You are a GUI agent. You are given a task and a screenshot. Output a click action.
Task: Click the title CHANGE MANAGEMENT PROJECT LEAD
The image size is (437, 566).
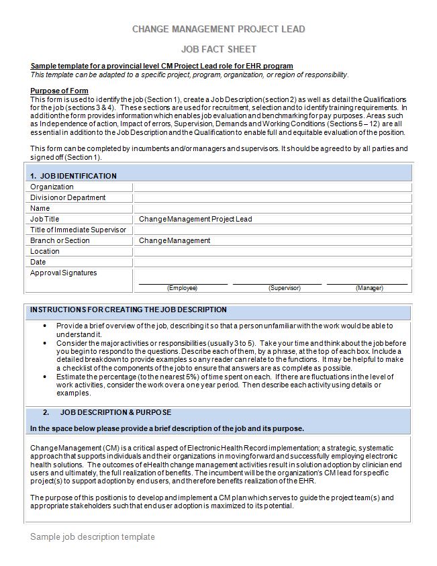point(218,29)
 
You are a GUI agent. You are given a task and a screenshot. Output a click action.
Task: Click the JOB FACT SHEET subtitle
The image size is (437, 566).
point(218,49)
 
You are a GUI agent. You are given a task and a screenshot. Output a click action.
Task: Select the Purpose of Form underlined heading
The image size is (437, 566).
point(59,91)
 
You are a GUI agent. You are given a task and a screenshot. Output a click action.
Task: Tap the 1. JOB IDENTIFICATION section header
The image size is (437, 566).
point(73,176)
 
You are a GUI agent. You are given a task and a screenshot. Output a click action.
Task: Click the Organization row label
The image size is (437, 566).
point(52,187)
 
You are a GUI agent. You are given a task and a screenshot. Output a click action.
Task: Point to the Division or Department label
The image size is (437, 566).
point(68,197)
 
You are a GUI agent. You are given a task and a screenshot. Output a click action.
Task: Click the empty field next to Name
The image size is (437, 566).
point(272,208)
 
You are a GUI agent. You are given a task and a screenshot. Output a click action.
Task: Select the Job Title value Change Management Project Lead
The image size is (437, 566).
point(195,219)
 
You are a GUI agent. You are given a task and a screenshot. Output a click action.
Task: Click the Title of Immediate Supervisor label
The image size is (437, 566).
point(78,230)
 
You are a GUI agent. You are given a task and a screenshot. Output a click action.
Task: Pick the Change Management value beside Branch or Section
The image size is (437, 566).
point(175,240)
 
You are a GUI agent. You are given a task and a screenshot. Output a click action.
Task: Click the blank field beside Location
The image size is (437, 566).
point(272,251)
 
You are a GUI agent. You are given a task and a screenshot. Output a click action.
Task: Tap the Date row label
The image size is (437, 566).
point(38,262)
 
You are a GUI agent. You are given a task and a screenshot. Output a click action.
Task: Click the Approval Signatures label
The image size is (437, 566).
point(63,273)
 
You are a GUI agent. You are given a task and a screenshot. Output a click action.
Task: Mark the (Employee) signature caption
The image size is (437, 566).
point(182,287)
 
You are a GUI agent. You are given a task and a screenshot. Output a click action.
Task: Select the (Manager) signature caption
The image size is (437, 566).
point(369,287)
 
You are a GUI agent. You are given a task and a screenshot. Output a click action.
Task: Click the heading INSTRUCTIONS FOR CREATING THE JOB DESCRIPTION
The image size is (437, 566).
point(128,310)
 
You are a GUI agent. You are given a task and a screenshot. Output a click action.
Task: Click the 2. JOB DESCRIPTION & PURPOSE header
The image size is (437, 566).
point(115,412)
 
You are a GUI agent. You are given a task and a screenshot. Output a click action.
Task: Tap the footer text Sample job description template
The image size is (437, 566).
point(93,537)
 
